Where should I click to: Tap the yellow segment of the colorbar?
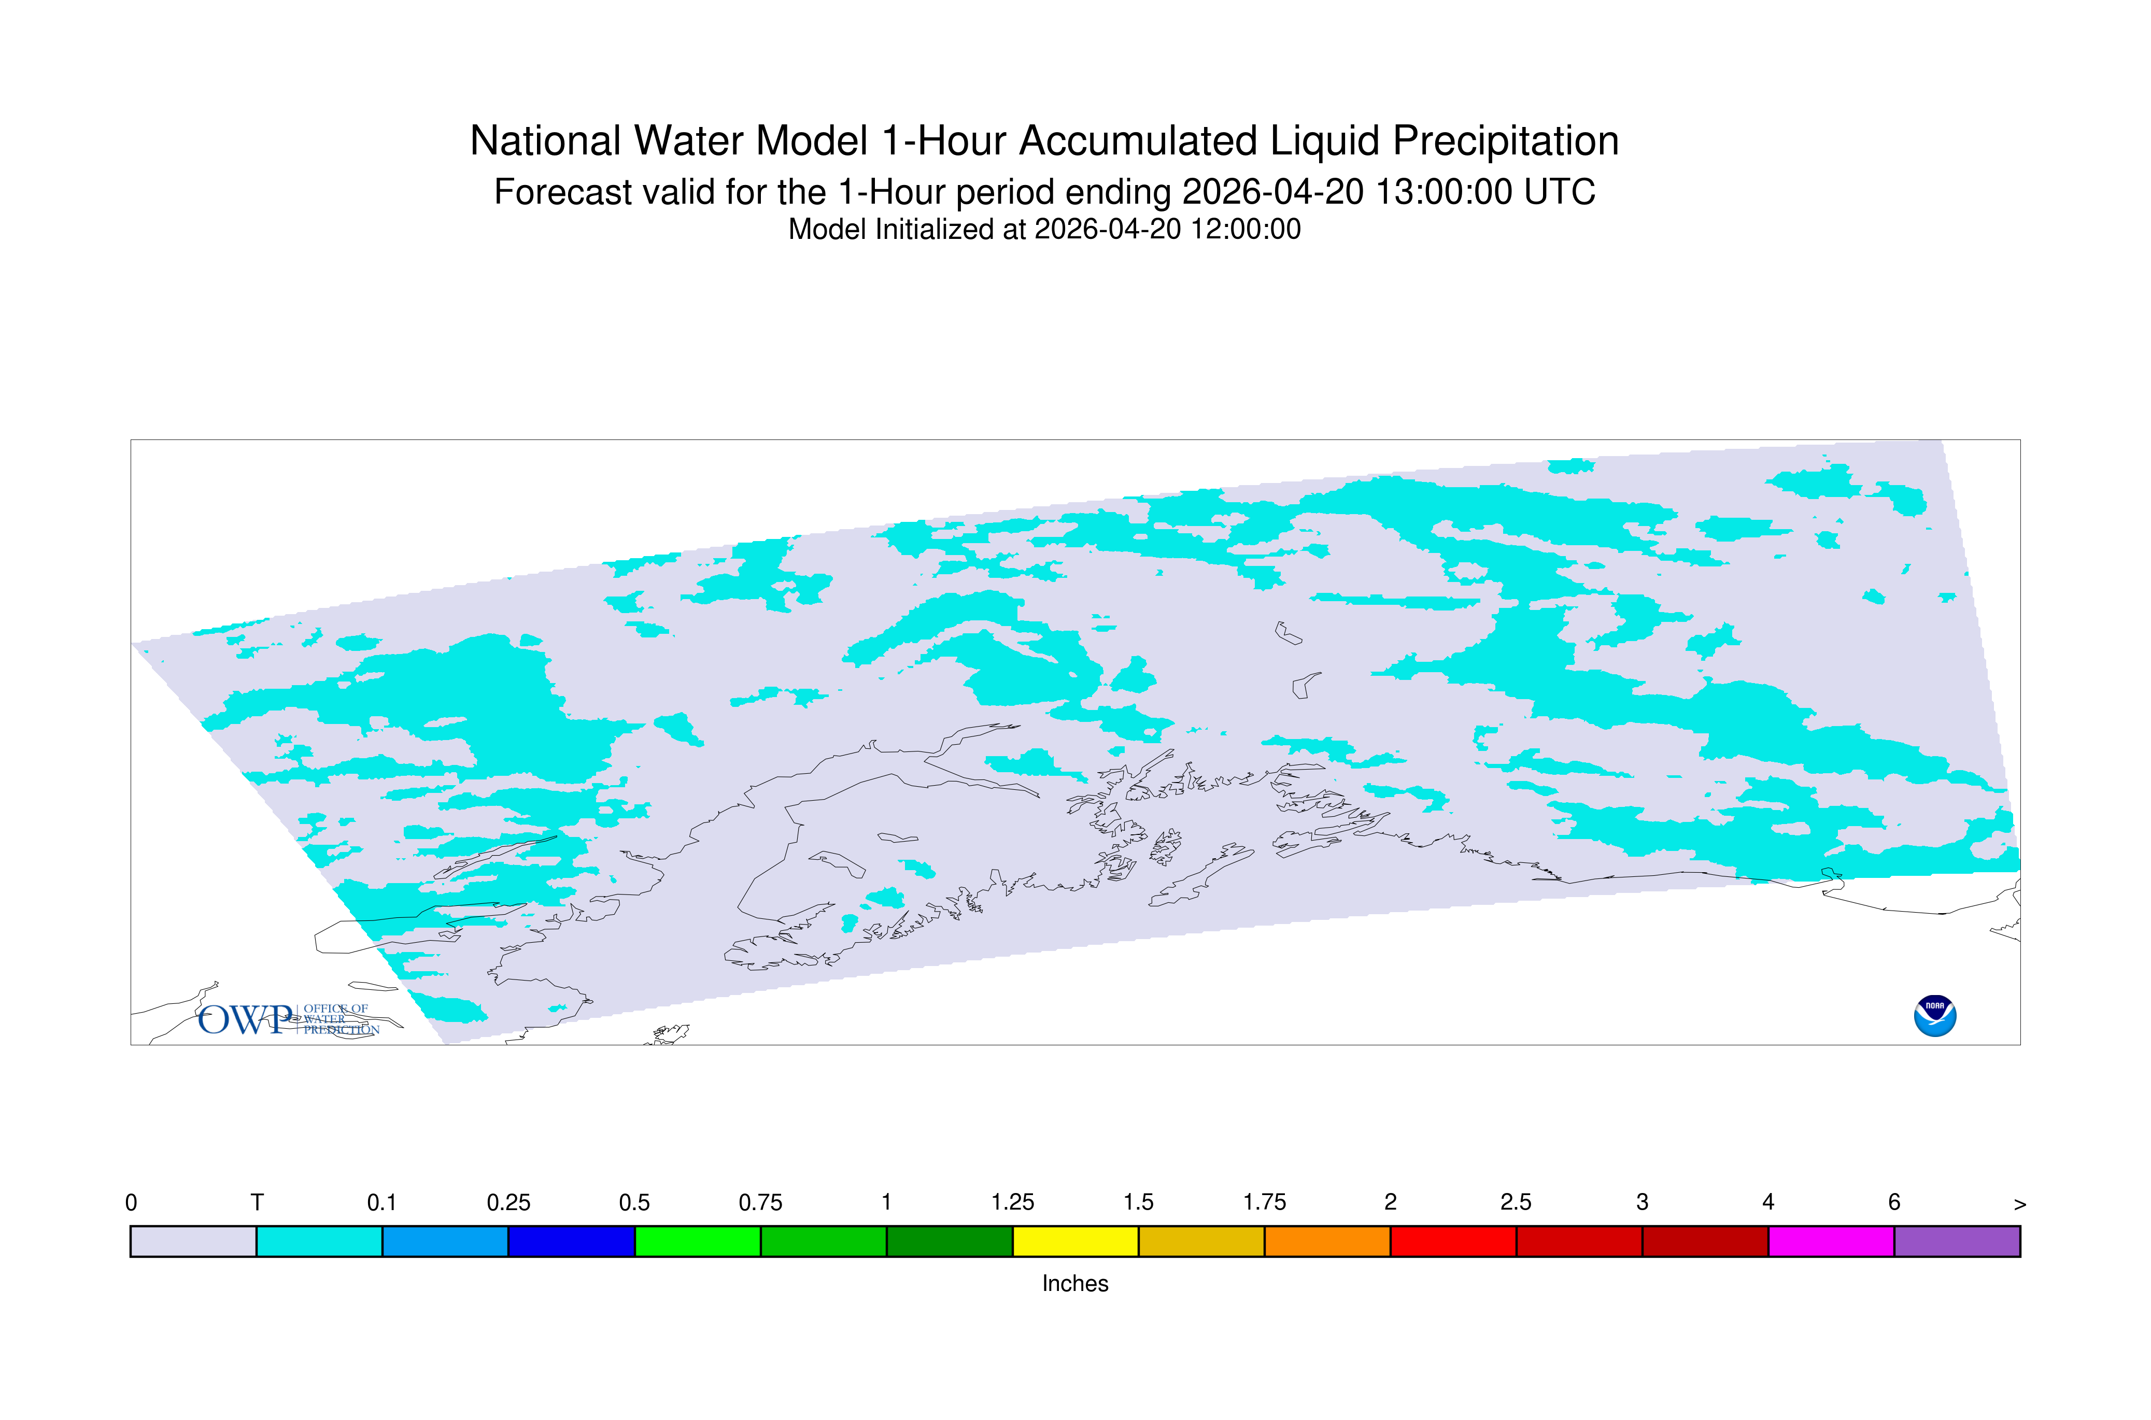coord(1075,1242)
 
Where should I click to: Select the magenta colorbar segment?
coord(1831,1242)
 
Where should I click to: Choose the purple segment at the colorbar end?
coord(1957,1242)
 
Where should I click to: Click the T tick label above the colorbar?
coord(257,1203)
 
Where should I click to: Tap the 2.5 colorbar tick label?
coord(1516,1203)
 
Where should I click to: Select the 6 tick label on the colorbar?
coord(1894,1203)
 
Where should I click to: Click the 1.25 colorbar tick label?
coord(1013,1203)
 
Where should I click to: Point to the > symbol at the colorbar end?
coord(2020,1204)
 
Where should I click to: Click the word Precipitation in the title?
coord(1505,141)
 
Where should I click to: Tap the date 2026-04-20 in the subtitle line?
coord(1272,192)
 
